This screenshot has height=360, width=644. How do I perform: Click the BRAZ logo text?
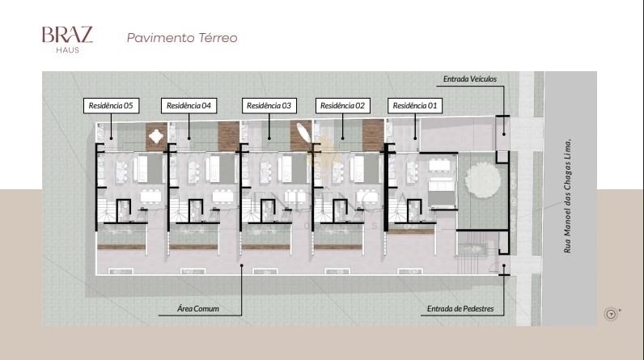(x=67, y=35)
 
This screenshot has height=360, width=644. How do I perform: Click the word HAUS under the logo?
(x=68, y=50)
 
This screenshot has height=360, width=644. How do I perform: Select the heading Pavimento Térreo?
(x=182, y=38)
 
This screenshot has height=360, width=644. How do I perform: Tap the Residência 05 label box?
(x=111, y=105)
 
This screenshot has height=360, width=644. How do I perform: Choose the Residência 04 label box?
(x=189, y=105)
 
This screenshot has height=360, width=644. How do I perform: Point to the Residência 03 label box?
(x=269, y=105)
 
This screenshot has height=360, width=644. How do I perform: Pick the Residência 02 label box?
(x=342, y=105)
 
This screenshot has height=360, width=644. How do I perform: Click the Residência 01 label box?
(x=415, y=105)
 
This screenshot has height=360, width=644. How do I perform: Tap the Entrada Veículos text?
(x=470, y=78)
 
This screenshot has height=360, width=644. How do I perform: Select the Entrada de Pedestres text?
(x=460, y=309)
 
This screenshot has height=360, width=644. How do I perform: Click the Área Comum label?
(x=198, y=309)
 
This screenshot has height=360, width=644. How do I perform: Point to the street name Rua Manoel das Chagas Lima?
(x=568, y=197)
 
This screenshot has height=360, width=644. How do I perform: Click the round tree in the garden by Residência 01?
(x=482, y=180)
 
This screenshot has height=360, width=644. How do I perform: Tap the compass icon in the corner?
(x=611, y=315)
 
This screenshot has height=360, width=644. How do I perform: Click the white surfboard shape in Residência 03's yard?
(x=303, y=132)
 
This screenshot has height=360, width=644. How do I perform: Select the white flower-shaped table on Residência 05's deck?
(x=156, y=136)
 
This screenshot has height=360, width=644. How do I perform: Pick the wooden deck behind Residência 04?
(x=228, y=136)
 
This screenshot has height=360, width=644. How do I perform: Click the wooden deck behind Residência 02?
(x=373, y=135)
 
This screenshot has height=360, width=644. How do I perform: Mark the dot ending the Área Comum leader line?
(x=242, y=265)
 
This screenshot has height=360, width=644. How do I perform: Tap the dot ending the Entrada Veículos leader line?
(x=504, y=134)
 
